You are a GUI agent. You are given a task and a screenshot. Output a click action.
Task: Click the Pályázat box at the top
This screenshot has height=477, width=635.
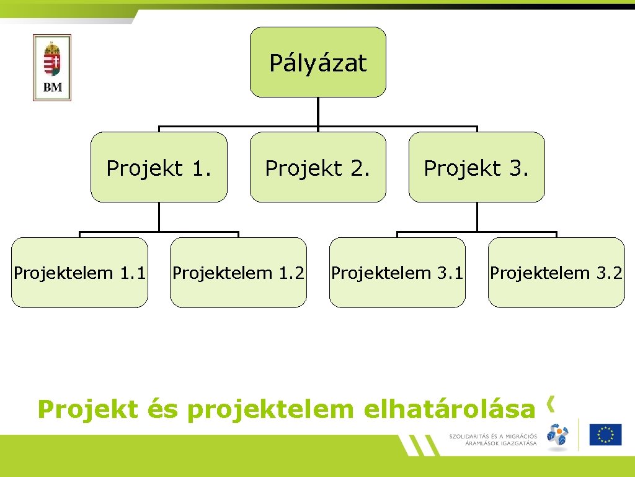coord(317,62)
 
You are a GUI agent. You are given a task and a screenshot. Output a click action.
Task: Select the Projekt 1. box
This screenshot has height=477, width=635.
coord(159,167)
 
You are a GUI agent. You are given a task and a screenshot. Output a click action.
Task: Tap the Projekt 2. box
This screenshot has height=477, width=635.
coord(317,167)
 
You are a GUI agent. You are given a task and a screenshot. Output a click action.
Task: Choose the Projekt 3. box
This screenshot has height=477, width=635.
coord(476,167)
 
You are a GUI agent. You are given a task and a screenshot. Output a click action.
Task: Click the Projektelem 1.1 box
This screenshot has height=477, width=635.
coord(79,273)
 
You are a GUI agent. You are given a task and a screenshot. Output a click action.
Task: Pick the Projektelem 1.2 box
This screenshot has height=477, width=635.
coord(238,273)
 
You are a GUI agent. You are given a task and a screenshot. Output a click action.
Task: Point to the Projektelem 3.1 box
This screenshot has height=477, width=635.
coord(397,273)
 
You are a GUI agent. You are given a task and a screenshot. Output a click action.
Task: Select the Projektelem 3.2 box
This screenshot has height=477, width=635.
coord(556,273)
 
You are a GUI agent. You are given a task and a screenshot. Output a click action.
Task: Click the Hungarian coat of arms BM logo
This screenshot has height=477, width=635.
coord(52,67)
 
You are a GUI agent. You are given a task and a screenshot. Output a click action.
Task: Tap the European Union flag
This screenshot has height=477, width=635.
coord(605,434)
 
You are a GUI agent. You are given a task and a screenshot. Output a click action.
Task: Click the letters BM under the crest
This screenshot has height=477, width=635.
coord(53,88)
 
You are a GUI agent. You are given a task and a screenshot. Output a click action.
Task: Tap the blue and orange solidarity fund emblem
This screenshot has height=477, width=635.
coord(557,435)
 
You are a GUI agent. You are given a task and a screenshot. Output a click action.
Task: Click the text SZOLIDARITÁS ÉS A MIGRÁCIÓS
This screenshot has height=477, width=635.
coord(493,436)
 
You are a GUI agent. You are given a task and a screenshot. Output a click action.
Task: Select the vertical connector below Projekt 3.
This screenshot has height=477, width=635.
coord(477,217)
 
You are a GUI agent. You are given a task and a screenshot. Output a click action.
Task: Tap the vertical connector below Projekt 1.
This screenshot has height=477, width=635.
coord(159,217)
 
